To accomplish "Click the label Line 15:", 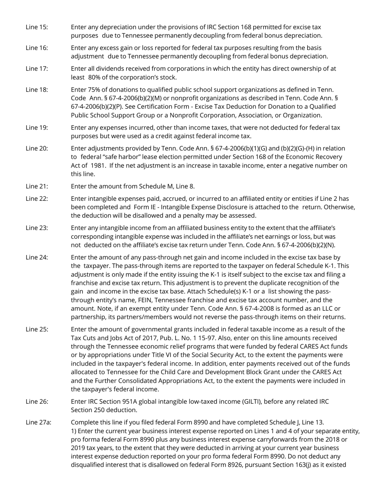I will pyautogui.click(x=36, y=27).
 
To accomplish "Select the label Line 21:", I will pyautogui.click(x=36, y=186).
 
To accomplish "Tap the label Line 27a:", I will pyautogui.click(x=38, y=422).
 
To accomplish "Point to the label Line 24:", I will pyautogui.click(x=36, y=257).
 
